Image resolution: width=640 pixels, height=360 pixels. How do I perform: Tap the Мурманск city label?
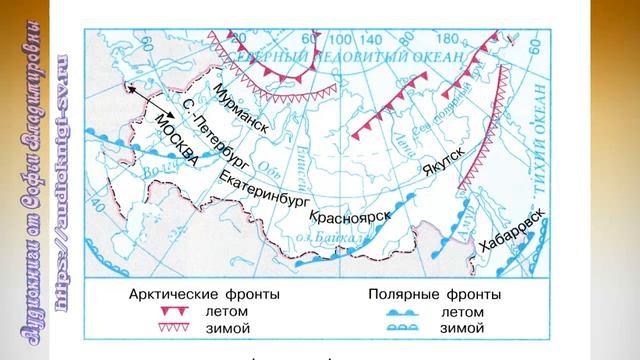[x=241, y=109]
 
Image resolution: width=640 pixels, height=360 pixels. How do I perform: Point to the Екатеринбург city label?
[x=263, y=186]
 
